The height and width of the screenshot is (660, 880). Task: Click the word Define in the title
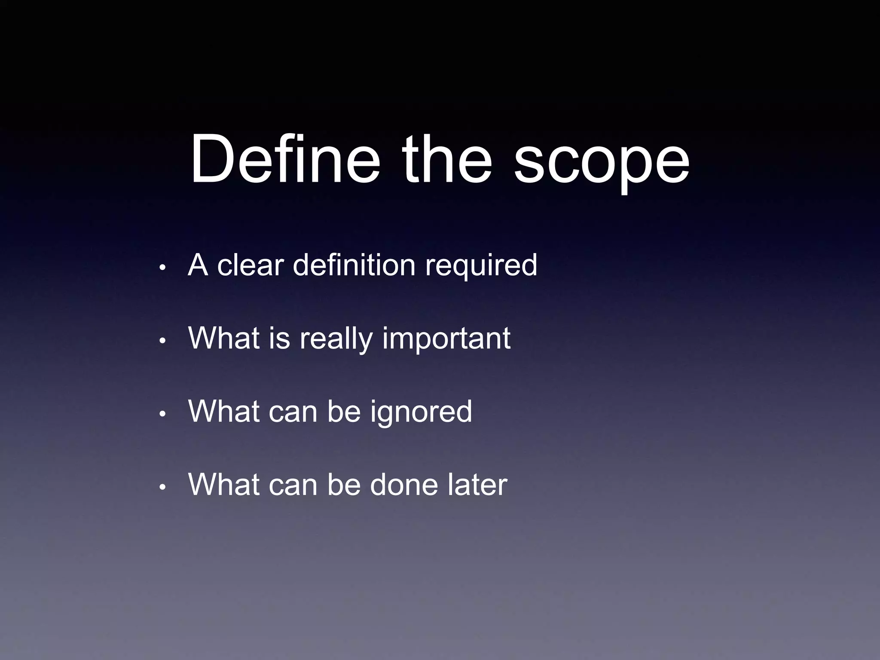285,159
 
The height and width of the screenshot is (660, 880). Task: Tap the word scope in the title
602,165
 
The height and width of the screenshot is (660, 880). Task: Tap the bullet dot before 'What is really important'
162,341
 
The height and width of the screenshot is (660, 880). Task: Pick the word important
446,340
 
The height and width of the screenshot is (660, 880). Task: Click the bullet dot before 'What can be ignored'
162,414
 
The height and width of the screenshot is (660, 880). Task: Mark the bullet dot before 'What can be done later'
162,487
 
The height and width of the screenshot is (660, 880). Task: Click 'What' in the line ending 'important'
224,338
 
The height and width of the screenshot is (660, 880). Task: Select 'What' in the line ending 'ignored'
224,411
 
